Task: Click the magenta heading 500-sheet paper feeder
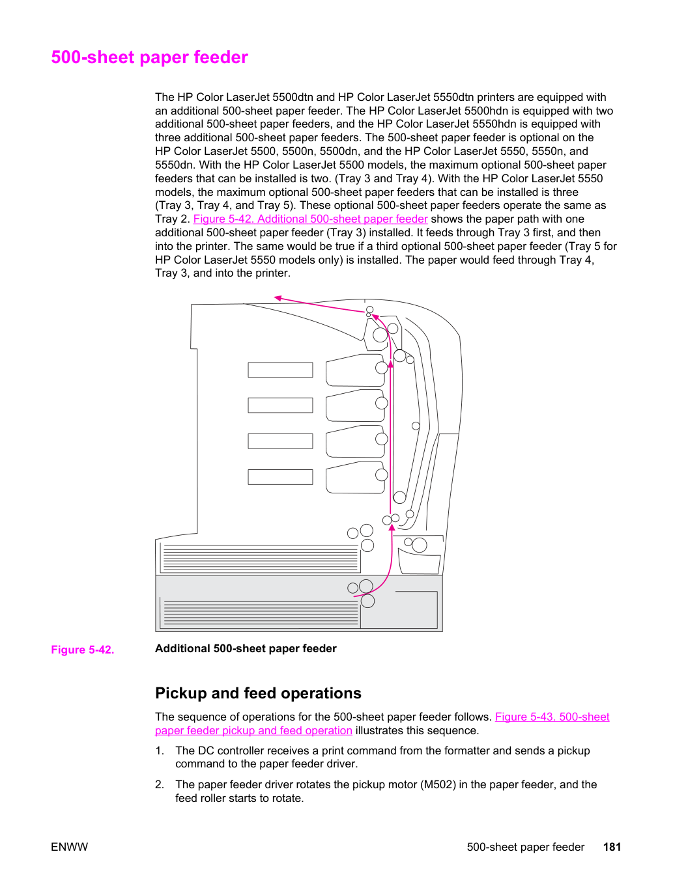149,57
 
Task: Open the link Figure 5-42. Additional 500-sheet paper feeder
310,219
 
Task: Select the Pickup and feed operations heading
258,693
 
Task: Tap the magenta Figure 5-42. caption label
83,650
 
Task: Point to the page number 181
612,847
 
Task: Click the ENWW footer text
69,847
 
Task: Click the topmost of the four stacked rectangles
280,370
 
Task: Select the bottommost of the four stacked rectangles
280,477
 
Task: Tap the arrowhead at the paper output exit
278,298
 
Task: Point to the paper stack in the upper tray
261,557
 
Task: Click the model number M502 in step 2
438,785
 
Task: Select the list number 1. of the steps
160,751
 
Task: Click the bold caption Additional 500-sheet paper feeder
246,649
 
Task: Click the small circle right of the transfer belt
416,426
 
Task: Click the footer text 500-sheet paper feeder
526,847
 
